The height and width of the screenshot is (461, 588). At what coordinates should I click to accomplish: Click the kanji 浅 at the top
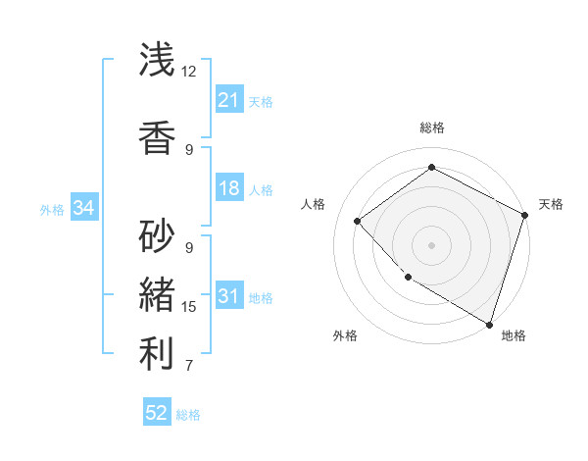click(158, 60)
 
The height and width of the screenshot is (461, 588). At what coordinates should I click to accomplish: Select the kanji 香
click(158, 136)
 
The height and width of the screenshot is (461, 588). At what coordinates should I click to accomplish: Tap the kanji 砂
click(158, 235)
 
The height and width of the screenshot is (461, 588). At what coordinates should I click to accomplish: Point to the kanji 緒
click(158, 295)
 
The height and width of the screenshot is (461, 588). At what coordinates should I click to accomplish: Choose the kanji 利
click(158, 355)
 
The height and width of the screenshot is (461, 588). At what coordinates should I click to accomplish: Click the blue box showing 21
click(229, 100)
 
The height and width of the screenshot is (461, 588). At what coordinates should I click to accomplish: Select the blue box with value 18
click(229, 188)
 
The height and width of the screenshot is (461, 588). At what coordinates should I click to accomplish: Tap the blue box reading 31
click(229, 296)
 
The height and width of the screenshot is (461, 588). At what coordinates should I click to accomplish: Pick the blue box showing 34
click(83, 208)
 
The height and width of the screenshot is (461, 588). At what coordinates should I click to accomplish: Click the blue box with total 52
click(157, 413)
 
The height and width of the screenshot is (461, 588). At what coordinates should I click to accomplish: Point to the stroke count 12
click(188, 72)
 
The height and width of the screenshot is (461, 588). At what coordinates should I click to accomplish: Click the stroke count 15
click(189, 307)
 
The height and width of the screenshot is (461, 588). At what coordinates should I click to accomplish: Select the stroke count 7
click(189, 367)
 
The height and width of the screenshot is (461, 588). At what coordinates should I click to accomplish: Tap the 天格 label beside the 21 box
click(261, 102)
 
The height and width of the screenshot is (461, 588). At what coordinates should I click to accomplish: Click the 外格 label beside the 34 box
click(52, 209)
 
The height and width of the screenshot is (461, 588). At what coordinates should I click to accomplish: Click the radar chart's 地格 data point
click(489, 324)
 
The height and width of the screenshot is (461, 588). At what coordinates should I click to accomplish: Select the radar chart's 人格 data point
click(358, 221)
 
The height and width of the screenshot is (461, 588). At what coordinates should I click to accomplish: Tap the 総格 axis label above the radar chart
click(431, 128)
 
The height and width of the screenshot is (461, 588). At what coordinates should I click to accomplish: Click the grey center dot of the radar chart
click(431, 244)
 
